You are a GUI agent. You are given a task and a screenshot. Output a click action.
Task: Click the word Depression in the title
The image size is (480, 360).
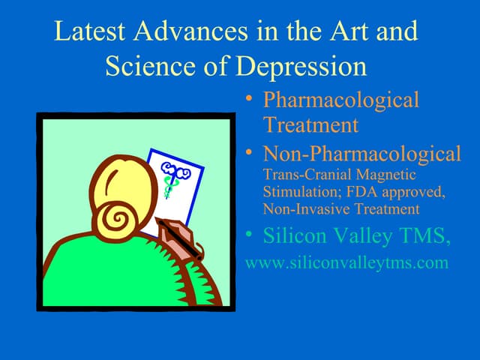click(301, 66)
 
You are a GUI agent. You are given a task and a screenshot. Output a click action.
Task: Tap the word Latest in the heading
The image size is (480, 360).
click(90, 31)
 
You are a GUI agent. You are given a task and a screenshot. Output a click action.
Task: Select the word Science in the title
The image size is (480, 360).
click(150, 66)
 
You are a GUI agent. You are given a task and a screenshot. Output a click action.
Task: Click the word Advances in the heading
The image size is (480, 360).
click(190, 31)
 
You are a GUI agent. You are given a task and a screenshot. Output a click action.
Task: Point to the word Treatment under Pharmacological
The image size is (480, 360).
click(310, 124)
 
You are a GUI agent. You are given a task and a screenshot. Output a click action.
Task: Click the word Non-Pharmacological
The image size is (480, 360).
click(362, 153)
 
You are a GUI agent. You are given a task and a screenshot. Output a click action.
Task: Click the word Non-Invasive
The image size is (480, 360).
click(307, 209)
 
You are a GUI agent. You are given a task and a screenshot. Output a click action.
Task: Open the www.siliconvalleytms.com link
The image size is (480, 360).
click(346, 263)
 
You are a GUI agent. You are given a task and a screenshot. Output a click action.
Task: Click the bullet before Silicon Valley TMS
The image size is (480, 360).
click(249, 234)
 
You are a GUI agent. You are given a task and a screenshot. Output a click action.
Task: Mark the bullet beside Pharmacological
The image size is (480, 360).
click(249, 98)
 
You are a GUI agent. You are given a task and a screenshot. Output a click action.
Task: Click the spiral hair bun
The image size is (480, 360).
click(116, 219)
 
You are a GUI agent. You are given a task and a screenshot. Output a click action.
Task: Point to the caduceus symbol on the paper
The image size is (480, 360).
click(173, 178)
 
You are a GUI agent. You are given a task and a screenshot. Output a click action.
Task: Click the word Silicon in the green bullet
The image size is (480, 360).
click(295, 235)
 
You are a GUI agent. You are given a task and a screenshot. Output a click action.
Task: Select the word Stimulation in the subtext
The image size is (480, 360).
click(302, 192)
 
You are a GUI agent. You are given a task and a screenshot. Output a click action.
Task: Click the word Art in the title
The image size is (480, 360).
click(349, 31)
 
